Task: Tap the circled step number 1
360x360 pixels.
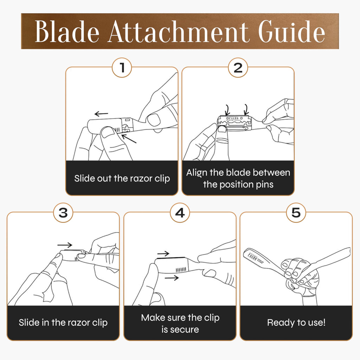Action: pyautogui.click(x=122, y=67)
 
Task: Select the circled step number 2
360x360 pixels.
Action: pyautogui.click(x=238, y=67)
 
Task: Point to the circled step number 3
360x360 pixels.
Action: pyautogui.click(x=63, y=213)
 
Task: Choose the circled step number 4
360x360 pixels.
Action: pyautogui.click(x=180, y=213)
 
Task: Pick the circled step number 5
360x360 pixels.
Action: pyautogui.click(x=296, y=213)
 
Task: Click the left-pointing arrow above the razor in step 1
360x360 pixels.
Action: pyautogui.click(x=101, y=114)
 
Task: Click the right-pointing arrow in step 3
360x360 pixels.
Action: pyautogui.click(x=65, y=245)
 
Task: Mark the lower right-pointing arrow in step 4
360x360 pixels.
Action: pyautogui.click(x=172, y=278)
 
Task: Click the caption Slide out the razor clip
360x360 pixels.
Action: pyautogui.click(x=122, y=178)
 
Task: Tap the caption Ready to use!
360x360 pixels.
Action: pyautogui.click(x=296, y=323)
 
